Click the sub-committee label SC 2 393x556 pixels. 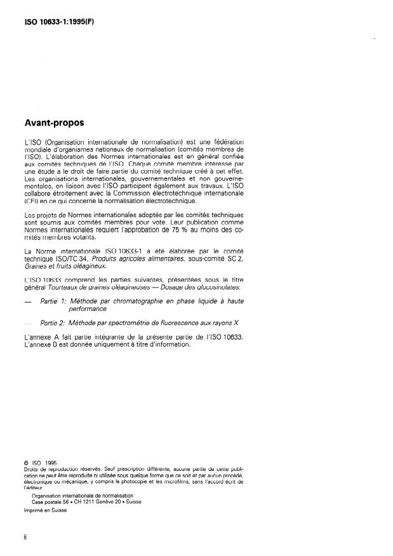pyautogui.click(x=236, y=259)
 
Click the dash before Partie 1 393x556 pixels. pyautogui.click(x=28, y=303)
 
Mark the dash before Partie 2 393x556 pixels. pyautogui.click(x=28, y=323)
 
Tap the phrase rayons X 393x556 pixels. pyautogui.click(x=226, y=322)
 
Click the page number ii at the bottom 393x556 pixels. pyautogui.click(x=25, y=536)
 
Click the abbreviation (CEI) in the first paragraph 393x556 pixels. pyautogui.click(x=30, y=201)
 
